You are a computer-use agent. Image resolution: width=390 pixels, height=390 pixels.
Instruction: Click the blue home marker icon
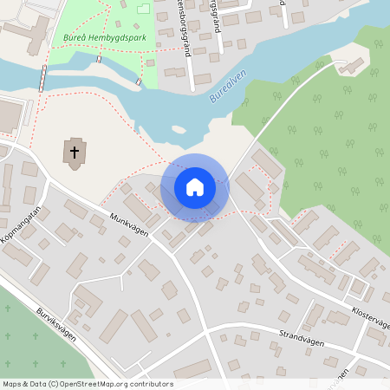click(x=194, y=187)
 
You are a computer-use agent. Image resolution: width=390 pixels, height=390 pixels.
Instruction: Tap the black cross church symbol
click(x=75, y=153)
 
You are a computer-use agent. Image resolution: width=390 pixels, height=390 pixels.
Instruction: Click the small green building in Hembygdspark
click(x=141, y=9)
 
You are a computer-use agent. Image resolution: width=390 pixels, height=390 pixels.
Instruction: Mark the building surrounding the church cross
click(x=75, y=153)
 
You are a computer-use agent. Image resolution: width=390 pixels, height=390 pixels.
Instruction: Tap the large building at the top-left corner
click(x=26, y=35)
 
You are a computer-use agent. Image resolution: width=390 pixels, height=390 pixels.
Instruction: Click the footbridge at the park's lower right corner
click(x=139, y=81)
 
